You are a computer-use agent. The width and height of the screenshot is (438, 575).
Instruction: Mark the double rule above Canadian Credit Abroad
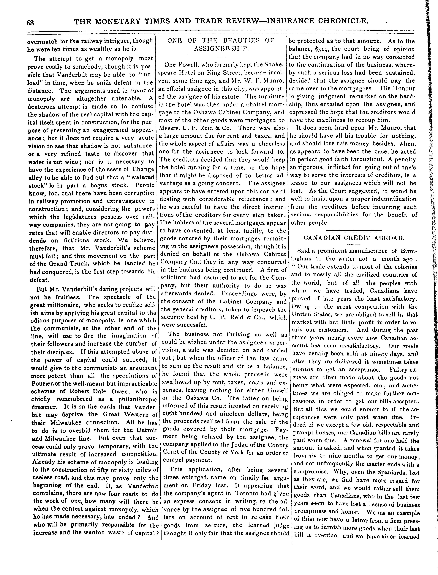coord(354,230)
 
